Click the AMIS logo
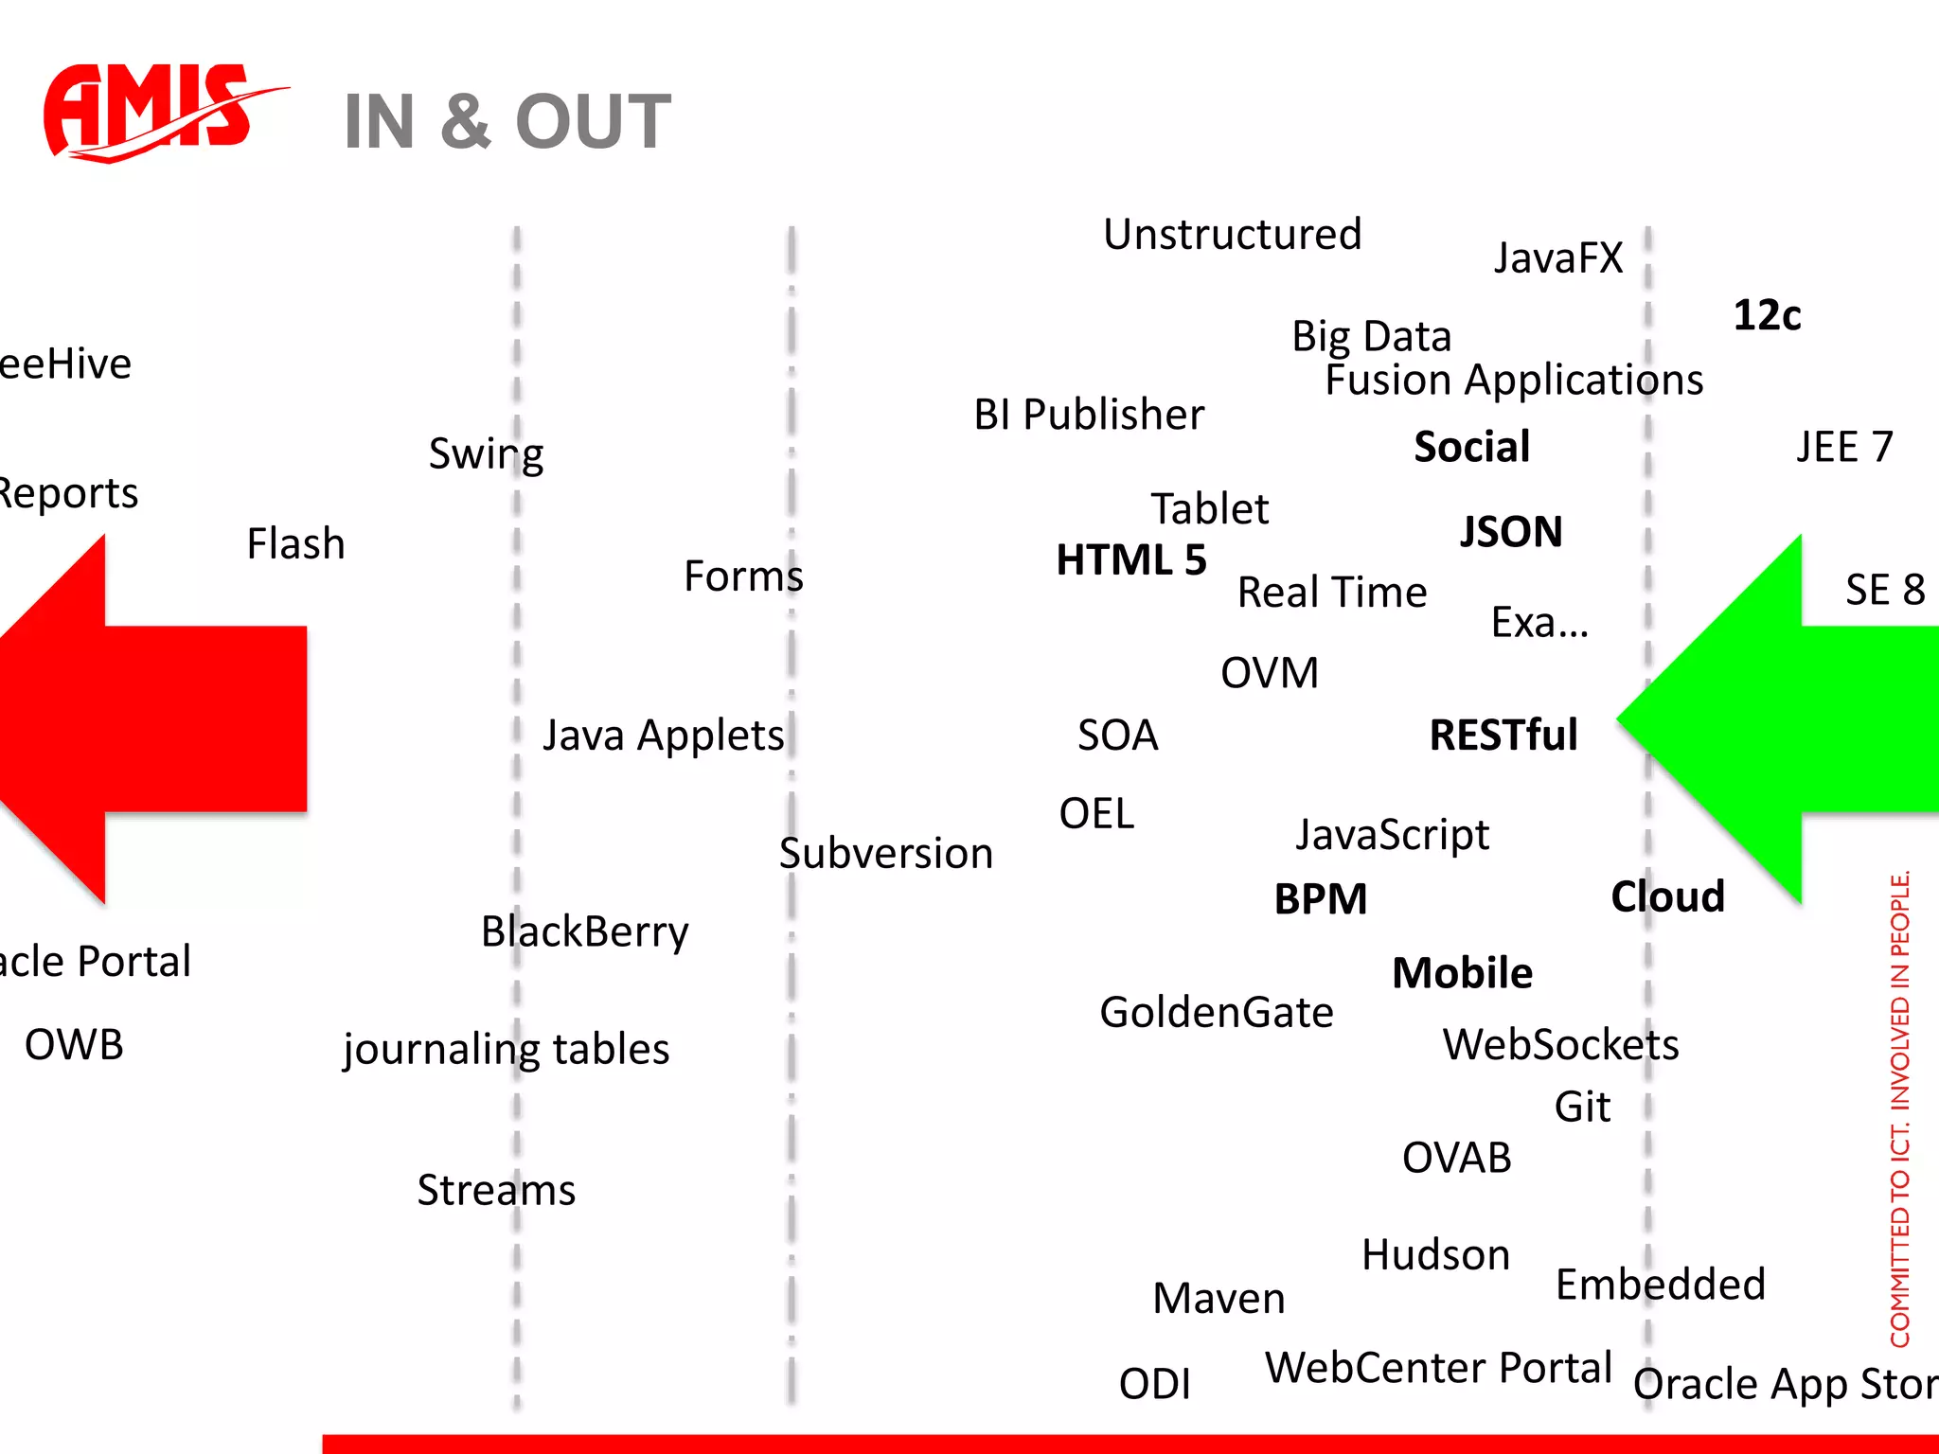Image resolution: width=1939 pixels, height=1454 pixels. [x=151, y=112]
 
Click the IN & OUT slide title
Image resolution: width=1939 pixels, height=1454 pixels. [x=507, y=122]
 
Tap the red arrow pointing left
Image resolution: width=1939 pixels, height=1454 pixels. [x=151, y=719]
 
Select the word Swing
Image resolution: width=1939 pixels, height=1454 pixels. [x=486, y=454]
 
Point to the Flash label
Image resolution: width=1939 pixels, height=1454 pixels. [x=295, y=544]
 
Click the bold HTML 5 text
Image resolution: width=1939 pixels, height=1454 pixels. [x=1130, y=559]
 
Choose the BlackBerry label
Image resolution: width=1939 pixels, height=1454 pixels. [x=584, y=932]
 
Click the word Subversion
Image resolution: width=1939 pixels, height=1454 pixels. [x=885, y=854]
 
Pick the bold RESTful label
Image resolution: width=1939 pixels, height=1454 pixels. [x=1503, y=736]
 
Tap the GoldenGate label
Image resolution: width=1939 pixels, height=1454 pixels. [x=1216, y=1013]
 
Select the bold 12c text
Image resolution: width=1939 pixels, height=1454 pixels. [x=1767, y=315]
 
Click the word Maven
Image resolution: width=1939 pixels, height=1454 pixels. [x=1219, y=1299]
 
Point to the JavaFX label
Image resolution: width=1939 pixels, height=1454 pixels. [x=1557, y=258]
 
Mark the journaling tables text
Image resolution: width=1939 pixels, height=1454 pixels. [x=506, y=1050]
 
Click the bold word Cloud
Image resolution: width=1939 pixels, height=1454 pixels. [x=1667, y=896]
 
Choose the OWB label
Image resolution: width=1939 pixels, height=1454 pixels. [x=74, y=1045]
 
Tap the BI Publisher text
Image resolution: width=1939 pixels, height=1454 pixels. [x=1089, y=415]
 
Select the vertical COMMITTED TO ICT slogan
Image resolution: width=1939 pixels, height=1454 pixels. [x=1899, y=1108]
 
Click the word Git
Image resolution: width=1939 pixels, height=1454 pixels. [x=1581, y=1107]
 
